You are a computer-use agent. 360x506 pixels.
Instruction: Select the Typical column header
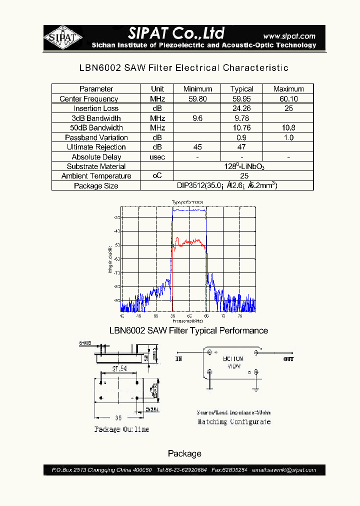pos(242,89)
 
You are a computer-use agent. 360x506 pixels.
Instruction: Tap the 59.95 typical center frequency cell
pos(242,99)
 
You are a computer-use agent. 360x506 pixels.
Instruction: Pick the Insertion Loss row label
pos(96,108)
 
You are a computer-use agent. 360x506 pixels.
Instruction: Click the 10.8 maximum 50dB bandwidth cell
pos(288,128)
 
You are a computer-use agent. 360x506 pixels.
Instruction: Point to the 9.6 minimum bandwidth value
pos(197,118)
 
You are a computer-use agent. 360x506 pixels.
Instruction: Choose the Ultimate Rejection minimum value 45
pos(197,147)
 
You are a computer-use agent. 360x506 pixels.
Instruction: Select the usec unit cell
pos(157,157)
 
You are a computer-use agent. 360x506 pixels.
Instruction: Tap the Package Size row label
pos(96,186)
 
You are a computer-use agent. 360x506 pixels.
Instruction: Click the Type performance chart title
pos(187,202)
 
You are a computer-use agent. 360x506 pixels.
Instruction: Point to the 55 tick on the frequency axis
pos(172,316)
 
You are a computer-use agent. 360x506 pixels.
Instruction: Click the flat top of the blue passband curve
pos(189,210)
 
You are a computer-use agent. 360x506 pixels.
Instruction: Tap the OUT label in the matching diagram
pos(288,359)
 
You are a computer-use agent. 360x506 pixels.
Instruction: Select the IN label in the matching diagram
pos(179,358)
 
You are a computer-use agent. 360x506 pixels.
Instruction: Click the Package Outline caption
pos(121,429)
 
